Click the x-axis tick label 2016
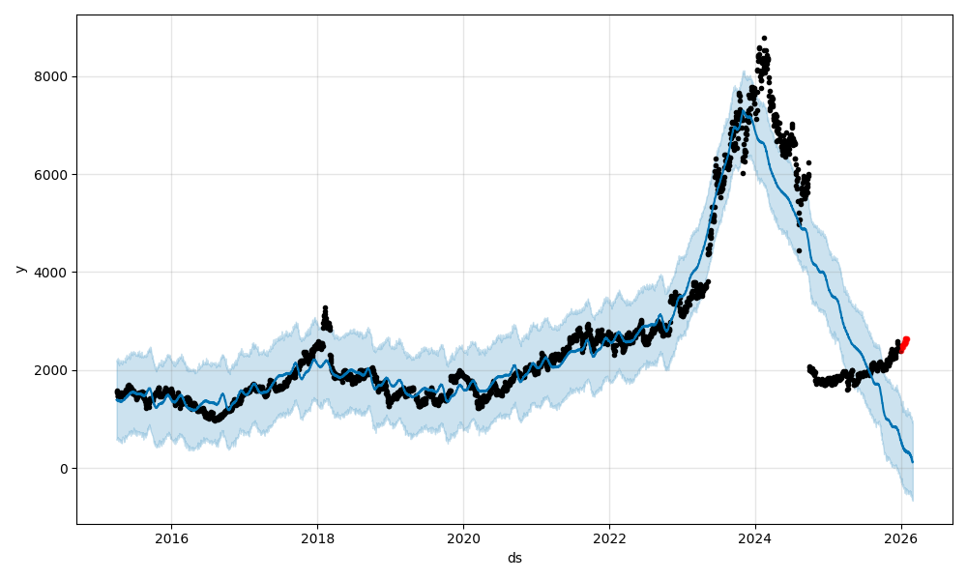171,538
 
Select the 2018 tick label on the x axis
317,538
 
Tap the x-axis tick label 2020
463,538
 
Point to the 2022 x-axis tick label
609,538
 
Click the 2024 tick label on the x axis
755,538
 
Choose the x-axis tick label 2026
901,538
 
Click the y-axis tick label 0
65,469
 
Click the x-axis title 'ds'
514,558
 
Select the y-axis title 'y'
18,269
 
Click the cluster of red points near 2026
904,344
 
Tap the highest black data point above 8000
764,39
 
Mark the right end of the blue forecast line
912,462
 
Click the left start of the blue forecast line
117,397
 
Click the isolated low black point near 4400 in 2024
799,250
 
